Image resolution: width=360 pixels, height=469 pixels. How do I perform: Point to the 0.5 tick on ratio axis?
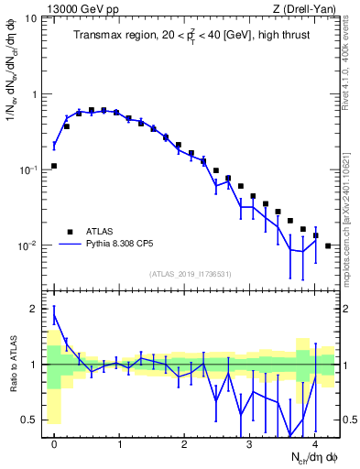[x=32, y=420]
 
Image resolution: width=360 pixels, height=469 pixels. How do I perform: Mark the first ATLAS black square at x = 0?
[x=54, y=166]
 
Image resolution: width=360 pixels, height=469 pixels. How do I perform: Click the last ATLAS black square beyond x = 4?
[x=328, y=245]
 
